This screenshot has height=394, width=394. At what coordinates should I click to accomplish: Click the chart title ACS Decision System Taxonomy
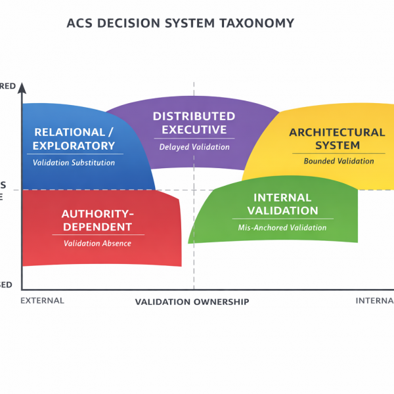click(180, 23)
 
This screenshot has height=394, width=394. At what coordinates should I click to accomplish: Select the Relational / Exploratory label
click(74, 139)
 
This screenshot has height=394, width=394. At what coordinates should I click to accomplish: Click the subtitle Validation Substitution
click(74, 162)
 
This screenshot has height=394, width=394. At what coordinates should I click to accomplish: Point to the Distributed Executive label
click(194, 123)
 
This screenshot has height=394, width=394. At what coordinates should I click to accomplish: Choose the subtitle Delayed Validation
click(194, 147)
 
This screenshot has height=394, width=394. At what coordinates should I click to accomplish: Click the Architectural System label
click(337, 139)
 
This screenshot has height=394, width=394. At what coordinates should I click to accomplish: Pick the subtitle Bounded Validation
click(339, 161)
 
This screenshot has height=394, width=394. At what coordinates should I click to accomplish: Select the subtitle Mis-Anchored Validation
click(282, 228)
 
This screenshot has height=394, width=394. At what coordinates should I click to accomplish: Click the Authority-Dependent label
click(97, 220)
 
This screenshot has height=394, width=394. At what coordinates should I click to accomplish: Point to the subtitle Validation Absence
click(97, 244)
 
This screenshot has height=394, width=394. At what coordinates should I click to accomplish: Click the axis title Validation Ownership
click(192, 302)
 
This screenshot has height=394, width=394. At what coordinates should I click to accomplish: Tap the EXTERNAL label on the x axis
click(43, 301)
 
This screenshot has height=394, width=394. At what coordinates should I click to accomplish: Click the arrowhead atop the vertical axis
click(22, 87)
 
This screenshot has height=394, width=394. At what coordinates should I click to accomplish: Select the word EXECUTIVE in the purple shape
click(194, 130)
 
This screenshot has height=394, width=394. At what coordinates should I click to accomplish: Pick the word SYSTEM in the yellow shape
click(337, 145)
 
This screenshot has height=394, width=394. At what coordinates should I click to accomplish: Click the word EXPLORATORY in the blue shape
click(74, 146)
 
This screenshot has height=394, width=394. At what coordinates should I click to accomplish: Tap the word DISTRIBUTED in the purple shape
click(194, 116)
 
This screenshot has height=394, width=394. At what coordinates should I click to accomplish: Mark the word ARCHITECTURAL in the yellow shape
click(337, 132)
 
